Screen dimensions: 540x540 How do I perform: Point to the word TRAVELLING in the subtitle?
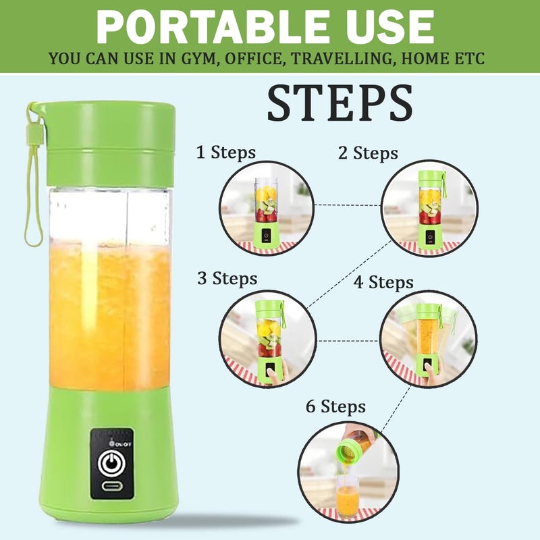(344, 59)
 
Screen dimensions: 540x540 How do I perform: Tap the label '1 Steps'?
(226, 153)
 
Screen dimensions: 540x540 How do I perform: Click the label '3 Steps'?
(227, 278)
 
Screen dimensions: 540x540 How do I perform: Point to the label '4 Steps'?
(383, 282)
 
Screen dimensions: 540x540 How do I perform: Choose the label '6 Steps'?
(335, 406)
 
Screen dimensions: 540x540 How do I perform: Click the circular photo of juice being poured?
(348, 471)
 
